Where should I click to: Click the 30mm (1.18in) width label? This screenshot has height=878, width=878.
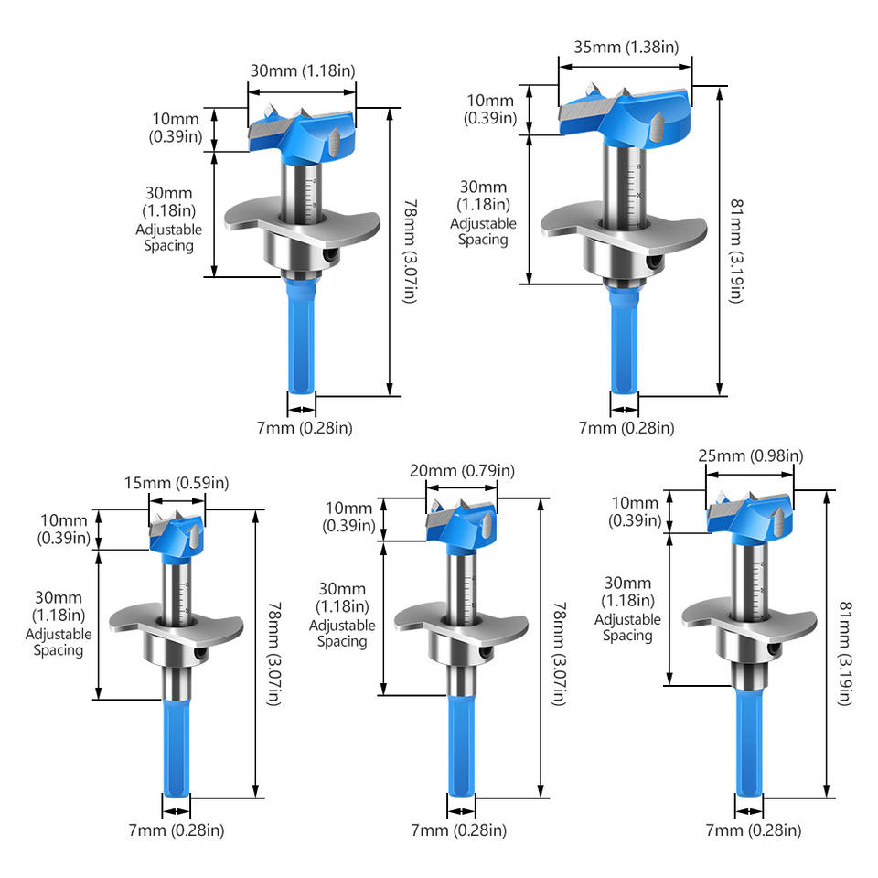pos(301,71)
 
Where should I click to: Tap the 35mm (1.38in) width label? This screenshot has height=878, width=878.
pos(626,46)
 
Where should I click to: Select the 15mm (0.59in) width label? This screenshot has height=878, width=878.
pos(177,482)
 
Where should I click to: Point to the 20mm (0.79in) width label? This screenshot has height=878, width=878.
pos(462,471)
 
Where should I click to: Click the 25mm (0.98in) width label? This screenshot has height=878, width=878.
pos(750,455)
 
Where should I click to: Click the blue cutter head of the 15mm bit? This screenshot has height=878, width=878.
pos(177,532)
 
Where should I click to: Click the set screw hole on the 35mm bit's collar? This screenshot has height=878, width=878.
pos(657,261)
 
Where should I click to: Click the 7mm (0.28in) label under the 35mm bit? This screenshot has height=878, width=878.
pos(626,427)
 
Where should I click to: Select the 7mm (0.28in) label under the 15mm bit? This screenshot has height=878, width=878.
pos(177,830)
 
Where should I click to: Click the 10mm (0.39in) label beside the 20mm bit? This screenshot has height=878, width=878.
pos(348,517)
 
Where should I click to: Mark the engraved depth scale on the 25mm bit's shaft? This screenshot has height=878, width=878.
pos(758,585)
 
